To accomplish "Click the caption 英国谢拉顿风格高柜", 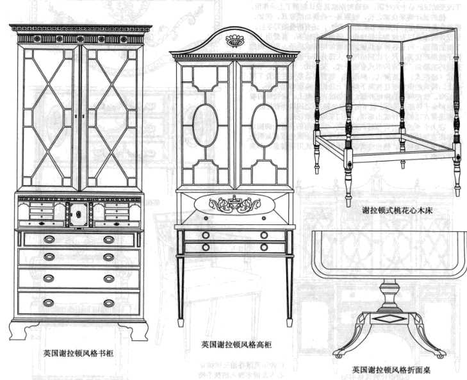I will pyautogui.click(x=236, y=344).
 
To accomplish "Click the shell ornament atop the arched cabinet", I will pyautogui.click(x=235, y=42).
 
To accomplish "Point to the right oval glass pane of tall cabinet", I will pyautogui.click(x=264, y=124).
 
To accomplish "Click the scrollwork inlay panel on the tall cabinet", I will pyautogui.click(x=234, y=205).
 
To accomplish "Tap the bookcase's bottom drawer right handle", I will pyautogui.click(x=109, y=302).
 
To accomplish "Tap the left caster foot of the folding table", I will pyautogui.click(x=337, y=354).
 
